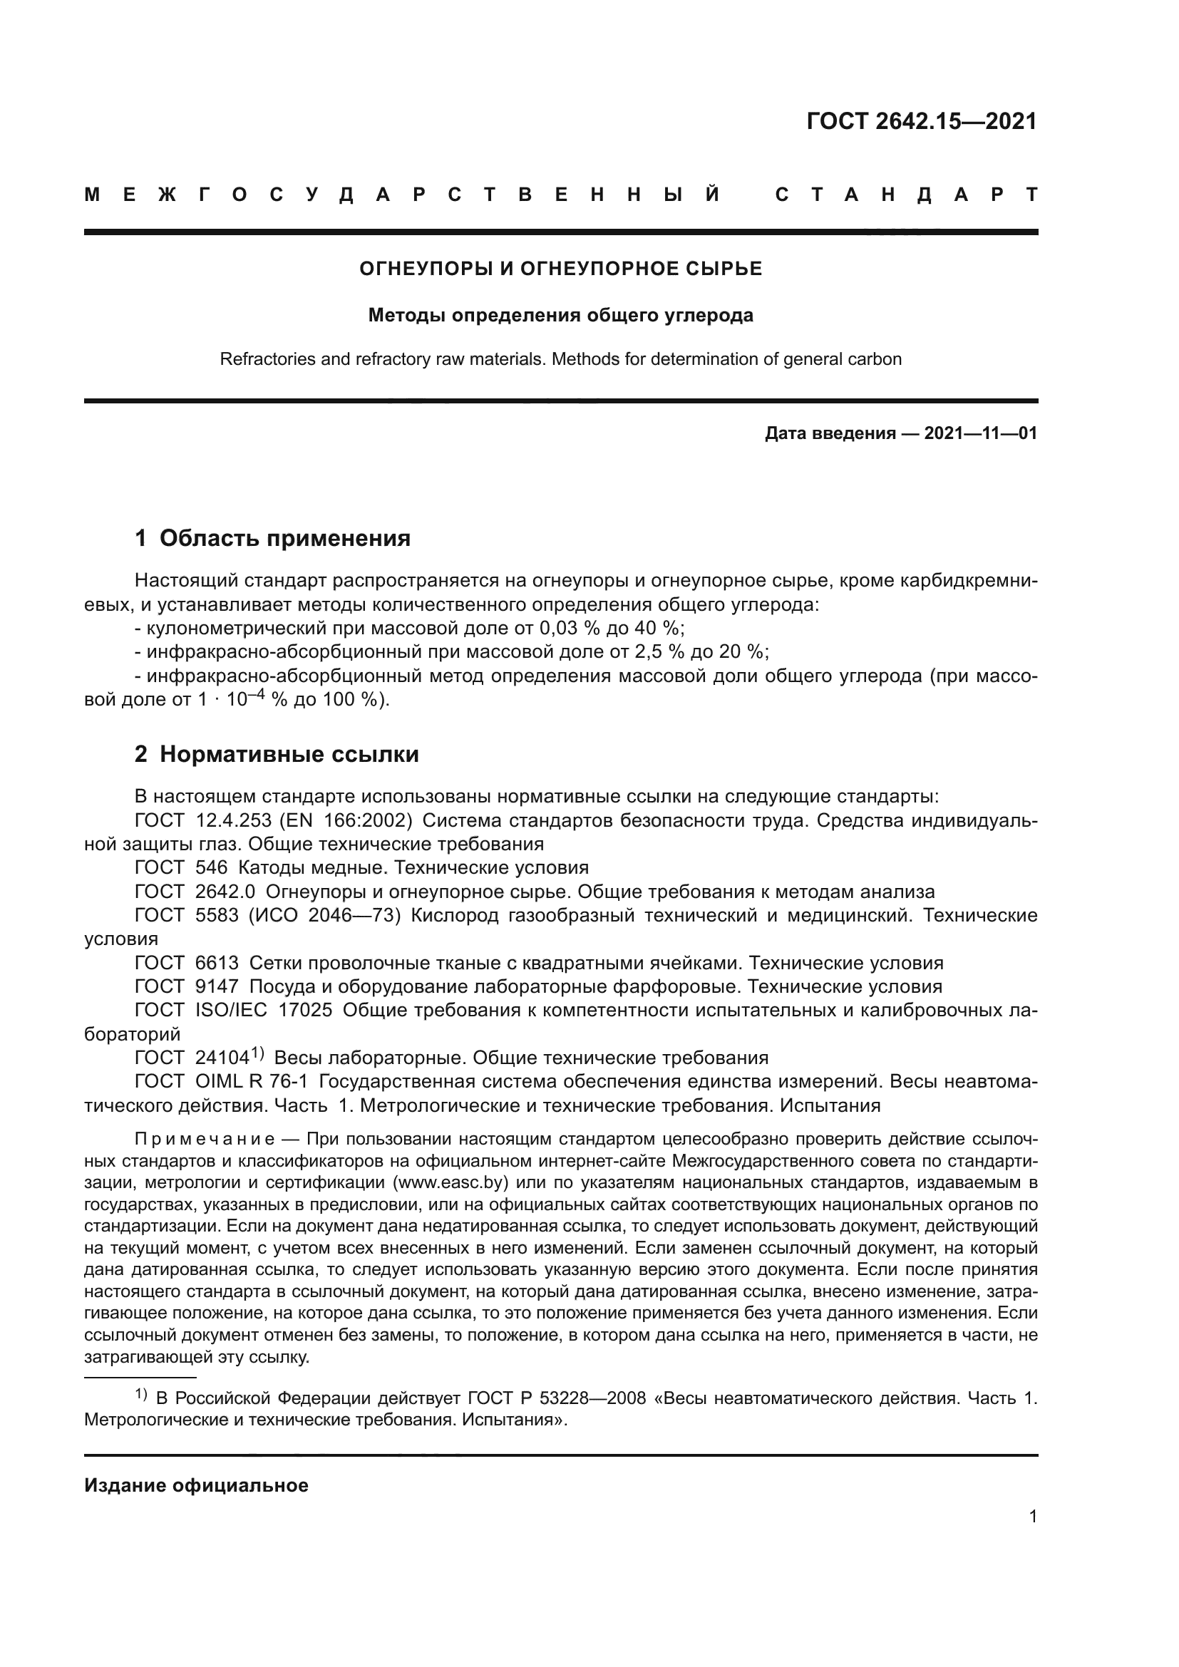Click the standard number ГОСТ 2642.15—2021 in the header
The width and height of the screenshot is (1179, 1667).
[921, 121]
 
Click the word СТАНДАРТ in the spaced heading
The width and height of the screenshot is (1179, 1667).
[907, 195]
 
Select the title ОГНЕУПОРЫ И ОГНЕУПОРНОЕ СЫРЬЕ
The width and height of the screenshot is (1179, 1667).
[560, 269]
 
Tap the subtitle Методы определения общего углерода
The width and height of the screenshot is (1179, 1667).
[560, 315]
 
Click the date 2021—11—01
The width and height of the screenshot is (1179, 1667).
[980, 433]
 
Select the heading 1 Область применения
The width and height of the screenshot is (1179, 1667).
[272, 538]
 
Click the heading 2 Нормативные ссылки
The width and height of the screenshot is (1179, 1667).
[277, 754]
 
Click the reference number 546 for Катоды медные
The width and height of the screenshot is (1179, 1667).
[211, 867]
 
